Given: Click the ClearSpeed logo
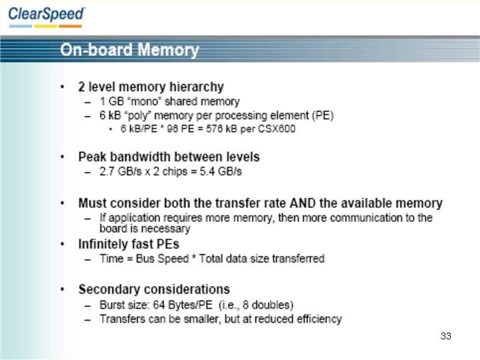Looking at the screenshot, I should (x=47, y=15).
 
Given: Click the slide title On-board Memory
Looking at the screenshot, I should (x=129, y=50).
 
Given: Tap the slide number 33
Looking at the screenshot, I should (x=446, y=336).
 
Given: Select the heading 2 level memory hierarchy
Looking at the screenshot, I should (x=151, y=87).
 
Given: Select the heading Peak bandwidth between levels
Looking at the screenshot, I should (x=169, y=157).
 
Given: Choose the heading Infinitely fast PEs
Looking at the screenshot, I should (x=129, y=244).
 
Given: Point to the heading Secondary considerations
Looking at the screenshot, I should (x=154, y=289).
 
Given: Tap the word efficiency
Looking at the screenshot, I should (x=317, y=319).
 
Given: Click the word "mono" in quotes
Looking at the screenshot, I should (x=145, y=101).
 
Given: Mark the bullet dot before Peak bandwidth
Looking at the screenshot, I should (x=62, y=157).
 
